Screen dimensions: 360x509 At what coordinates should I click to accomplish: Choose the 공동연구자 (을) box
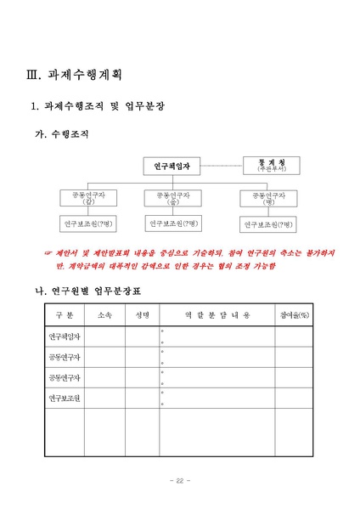pyautogui.click(x=173, y=198)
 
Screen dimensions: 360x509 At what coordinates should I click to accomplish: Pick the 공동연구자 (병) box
pyautogui.click(x=268, y=198)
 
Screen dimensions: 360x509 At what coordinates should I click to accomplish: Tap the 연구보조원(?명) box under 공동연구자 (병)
pyautogui.click(x=268, y=224)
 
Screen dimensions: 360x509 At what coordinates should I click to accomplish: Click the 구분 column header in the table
pyautogui.click(x=65, y=316)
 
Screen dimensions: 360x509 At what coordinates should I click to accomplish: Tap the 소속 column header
pyautogui.click(x=105, y=316)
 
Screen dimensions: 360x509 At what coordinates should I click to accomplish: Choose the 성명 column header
pyautogui.click(x=142, y=316)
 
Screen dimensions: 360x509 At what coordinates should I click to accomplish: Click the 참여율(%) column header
pyautogui.click(x=294, y=316)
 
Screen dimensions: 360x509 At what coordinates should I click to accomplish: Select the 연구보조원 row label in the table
pyautogui.click(x=65, y=399)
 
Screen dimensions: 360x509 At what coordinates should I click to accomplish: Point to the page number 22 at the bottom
pyautogui.click(x=179, y=482)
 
